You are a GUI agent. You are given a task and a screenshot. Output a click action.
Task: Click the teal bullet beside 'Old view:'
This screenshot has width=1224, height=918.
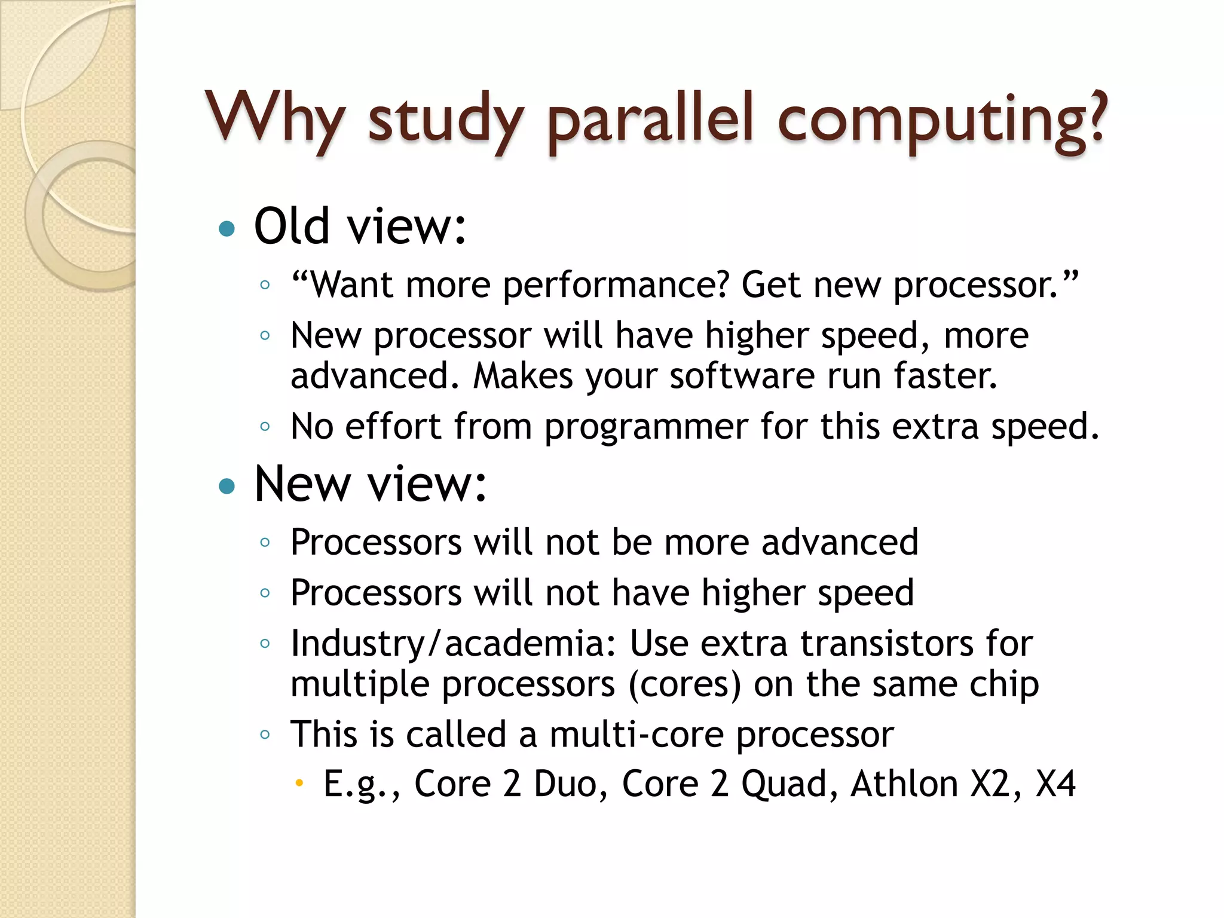coord(227,228)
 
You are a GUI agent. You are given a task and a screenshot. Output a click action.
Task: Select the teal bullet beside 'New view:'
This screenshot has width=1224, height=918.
coord(227,486)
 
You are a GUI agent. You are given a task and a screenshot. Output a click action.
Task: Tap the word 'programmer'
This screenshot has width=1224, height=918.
coord(646,428)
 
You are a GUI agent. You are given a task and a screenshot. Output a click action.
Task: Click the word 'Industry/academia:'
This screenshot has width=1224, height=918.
coord(453,644)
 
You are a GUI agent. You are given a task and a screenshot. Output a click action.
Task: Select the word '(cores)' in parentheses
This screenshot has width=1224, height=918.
coord(684,684)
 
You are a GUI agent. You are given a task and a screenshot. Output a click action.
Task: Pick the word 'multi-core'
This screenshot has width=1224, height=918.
coord(636,735)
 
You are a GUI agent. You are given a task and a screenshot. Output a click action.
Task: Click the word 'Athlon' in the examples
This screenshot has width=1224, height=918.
coord(904,784)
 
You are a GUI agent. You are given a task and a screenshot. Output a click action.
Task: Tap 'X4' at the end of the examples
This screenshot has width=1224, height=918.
coord(1055,784)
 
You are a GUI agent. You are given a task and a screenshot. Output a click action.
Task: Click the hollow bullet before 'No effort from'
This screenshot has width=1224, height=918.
coord(265,427)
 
